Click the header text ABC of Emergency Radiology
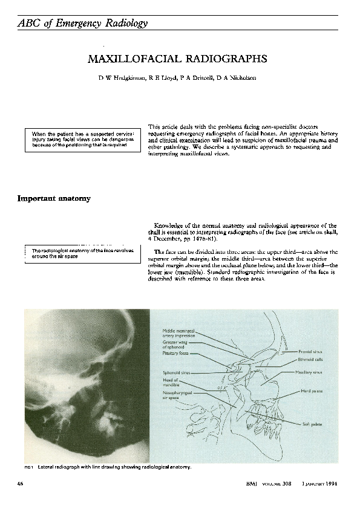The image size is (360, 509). [x=83, y=23]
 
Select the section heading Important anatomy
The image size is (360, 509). [x=54, y=198]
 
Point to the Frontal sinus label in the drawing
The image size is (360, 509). [x=310, y=351]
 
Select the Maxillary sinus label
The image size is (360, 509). [x=309, y=372]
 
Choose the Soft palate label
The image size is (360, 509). [x=312, y=424]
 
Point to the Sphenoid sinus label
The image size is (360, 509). [x=177, y=372]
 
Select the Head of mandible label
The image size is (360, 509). [x=171, y=382]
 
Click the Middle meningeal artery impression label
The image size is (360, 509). [x=179, y=333]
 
